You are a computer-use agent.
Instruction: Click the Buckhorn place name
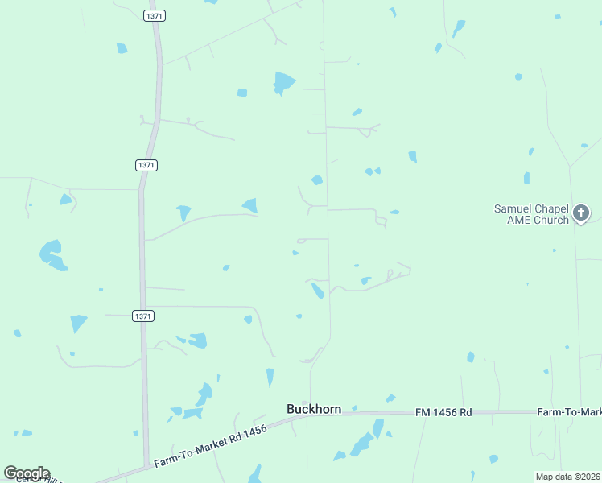[x=314, y=409]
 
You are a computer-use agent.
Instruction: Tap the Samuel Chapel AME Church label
[x=531, y=214]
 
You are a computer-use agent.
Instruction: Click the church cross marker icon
[x=581, y=213]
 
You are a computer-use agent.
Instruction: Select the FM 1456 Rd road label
[x=443, y=412]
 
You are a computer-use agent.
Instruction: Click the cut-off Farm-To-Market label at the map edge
[x=569, y=412]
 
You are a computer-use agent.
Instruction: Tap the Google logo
[x=27, y=473]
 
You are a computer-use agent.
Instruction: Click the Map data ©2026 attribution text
[x=568, y=477]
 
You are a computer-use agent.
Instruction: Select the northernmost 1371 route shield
[x=155, y=15]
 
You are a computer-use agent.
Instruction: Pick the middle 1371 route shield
[x=146, y=164]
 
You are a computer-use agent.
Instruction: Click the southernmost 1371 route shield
[x=143, y=316]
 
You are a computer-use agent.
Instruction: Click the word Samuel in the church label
[x=511, y=209]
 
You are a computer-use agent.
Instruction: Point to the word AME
[x=518, y=220]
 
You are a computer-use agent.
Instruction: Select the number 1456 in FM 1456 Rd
[x=443, y=412]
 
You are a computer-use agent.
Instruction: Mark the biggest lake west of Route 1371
[x=52, y=254]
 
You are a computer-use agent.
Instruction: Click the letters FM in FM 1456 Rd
[x=423, y=412]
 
